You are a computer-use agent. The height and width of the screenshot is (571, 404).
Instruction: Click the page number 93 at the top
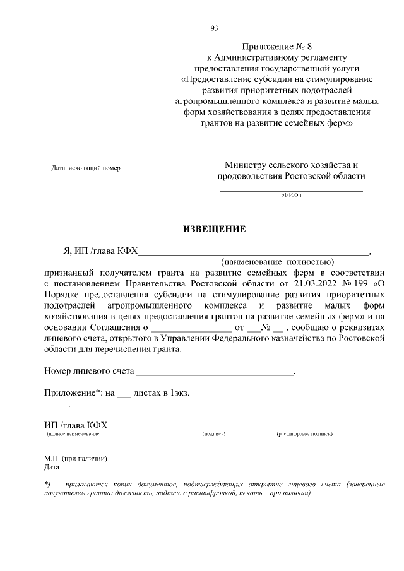(214, 28)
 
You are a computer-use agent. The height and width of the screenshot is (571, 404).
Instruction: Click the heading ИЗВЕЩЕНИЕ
(214, 228)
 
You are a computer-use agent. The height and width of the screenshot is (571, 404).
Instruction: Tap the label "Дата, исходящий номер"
(85, 168)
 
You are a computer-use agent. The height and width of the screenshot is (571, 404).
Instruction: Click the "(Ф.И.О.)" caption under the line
(291, 196)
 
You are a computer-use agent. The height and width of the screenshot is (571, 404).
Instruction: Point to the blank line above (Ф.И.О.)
(291, 189)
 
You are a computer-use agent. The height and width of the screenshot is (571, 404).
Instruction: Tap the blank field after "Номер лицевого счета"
(215, 372)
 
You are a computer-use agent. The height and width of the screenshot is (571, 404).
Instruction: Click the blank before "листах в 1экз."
(124, 394)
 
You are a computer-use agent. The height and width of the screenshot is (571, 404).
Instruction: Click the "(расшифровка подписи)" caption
(304, 435)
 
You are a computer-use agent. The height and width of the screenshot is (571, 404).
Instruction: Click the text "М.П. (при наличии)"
(75, 459)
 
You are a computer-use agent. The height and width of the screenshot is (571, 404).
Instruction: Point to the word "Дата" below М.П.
(51, 468)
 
